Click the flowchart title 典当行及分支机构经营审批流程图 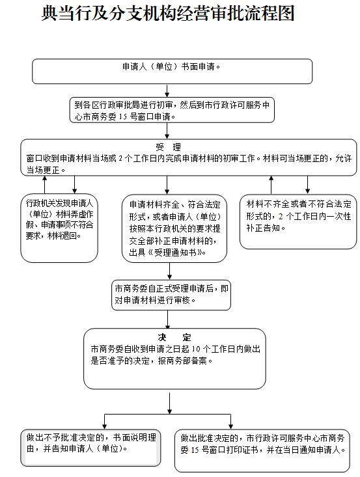(x=168, y=13)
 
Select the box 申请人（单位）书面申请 (x=173, y=72)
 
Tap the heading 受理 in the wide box (x=168, y=147)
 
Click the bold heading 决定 (x=174, y=337)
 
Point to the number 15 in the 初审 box (x=122, y=117)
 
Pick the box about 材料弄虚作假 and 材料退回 (x=59, y=228)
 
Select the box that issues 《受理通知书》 (x=174, y=228)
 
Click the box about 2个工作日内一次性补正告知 (x=298, y=222)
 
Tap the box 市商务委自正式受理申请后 (x=171, y=295)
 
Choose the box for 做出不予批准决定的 (x=90, y=448)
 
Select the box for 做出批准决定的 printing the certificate (x=262, y=451)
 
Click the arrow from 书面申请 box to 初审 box (x=167, y=90)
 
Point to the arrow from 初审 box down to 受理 (x=167, y=131)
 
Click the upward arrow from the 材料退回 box (x=45, y=185)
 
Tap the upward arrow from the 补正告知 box (x=271, y=185)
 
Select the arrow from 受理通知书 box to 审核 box (x=169, y=271)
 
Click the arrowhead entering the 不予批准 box (x=105, y=426)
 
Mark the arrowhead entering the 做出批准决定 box (x=230, y=426)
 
